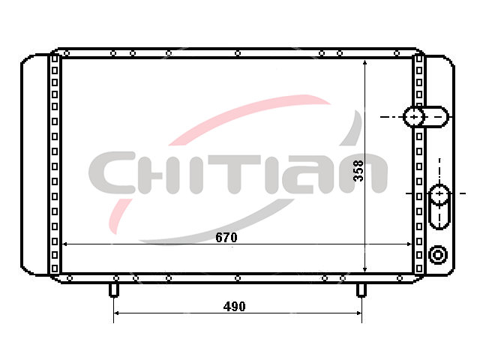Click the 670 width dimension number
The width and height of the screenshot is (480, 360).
(226, 238)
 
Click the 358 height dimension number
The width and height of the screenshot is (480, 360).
(358, 171)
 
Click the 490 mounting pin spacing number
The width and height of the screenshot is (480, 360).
(234, 307)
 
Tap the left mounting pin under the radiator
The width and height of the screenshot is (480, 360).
(114, 290)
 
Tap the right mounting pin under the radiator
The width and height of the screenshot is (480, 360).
(361, 290)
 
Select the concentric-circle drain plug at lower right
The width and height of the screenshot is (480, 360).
(438, 255)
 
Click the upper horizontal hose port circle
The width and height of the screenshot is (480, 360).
(414, 117)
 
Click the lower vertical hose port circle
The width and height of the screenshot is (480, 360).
(440, 193)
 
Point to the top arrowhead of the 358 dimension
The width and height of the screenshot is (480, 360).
(364, 63)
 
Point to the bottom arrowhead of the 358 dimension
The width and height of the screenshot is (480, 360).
(364, 268)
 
